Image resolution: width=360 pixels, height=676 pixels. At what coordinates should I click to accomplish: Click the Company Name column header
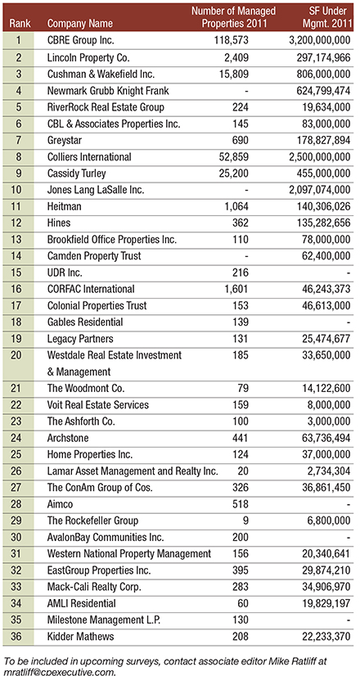click(79, 23)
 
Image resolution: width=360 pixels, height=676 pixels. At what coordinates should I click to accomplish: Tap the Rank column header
click(19, 23)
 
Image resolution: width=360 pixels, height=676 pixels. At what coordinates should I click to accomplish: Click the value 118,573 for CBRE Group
click(232, 41)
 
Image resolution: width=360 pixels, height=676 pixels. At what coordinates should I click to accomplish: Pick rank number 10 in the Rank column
click(19, 191)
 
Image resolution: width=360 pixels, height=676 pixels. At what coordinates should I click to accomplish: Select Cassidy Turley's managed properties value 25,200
click(234, 174)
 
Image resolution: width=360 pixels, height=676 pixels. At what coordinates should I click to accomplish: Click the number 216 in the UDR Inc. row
click(241, 273)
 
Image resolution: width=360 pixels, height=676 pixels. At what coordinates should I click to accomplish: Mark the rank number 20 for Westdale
click(19, 356)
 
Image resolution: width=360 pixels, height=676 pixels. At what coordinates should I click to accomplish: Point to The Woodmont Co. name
click(86, 389)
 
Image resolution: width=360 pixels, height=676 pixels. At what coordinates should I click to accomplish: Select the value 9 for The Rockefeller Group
click(246, 521)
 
